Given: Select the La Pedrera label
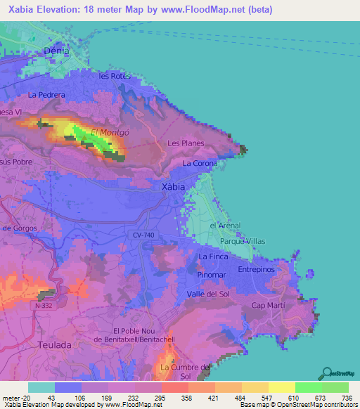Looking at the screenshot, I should pos(47,95).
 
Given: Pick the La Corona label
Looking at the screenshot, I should pos(200,163).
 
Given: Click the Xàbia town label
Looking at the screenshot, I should pos(173,187).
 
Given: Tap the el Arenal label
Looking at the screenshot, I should pos(225,226).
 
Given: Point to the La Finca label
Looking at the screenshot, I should pos(213,257).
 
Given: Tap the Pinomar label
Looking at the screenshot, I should pos(212,275).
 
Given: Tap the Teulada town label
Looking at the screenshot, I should pos(53,345).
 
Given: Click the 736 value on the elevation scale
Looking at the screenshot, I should pos(347,398).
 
